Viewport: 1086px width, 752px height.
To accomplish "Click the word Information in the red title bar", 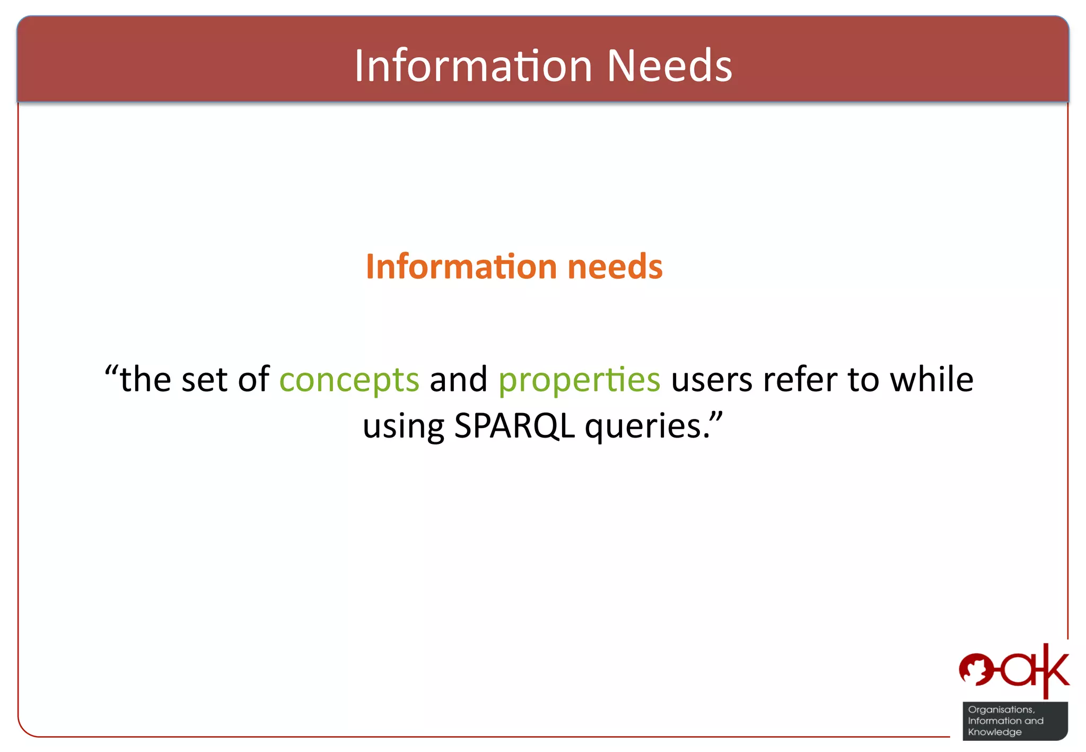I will click(473, 66).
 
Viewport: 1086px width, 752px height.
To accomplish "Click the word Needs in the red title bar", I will click(669, 66).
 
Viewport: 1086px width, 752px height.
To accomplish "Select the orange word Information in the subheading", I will click(461, 266).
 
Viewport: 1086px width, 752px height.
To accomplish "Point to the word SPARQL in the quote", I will click(514, 426).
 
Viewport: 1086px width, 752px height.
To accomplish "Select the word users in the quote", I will click(712, 380).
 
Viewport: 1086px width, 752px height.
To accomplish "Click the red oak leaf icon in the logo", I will click(976, 669).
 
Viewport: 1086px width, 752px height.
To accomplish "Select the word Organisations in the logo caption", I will click(1001, 710).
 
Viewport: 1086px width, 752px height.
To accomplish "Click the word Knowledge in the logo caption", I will click(994, 732).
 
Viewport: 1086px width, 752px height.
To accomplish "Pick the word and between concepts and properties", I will click(458, 380).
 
